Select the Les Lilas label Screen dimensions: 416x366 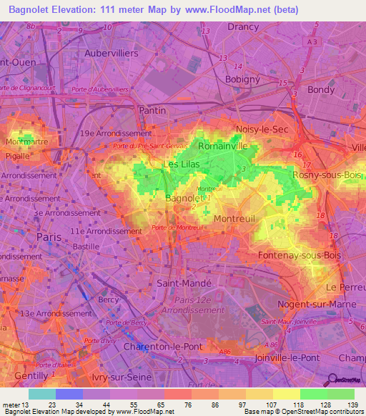(182, 164)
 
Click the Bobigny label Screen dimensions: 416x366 (246, 79)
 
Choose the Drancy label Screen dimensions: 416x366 (242, 26)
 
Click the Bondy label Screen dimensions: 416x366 (320, 90)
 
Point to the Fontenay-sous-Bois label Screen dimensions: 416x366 (292, 254)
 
